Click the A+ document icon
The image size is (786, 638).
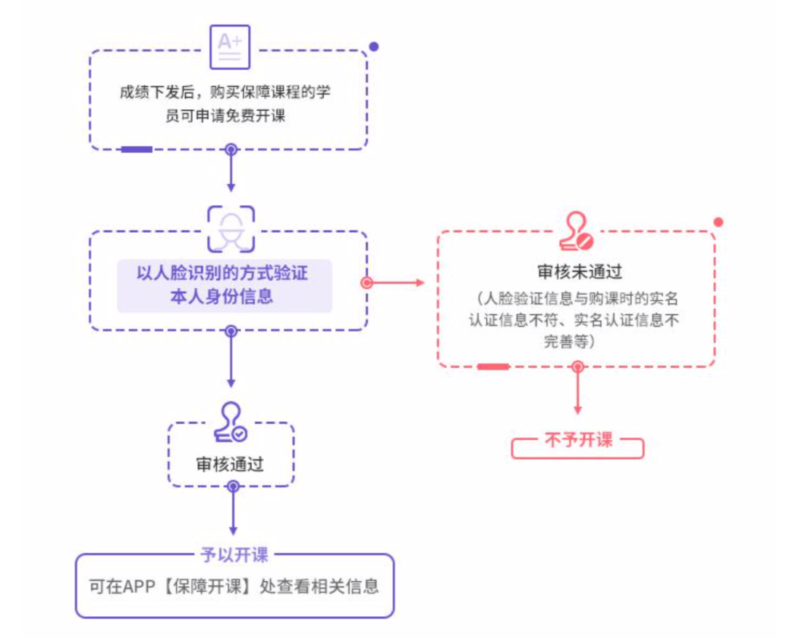230,44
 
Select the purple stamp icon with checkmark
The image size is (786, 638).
231,423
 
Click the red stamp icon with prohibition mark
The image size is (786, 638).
576,232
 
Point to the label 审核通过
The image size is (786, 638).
230,464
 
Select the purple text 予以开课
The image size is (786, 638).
234,555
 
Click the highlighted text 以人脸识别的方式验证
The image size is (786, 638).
223,274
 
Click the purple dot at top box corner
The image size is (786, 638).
374,47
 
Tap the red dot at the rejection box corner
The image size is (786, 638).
718,222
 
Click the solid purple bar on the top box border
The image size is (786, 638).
137,149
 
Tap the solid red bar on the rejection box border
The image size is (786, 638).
493,366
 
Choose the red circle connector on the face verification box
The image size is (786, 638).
367,282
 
